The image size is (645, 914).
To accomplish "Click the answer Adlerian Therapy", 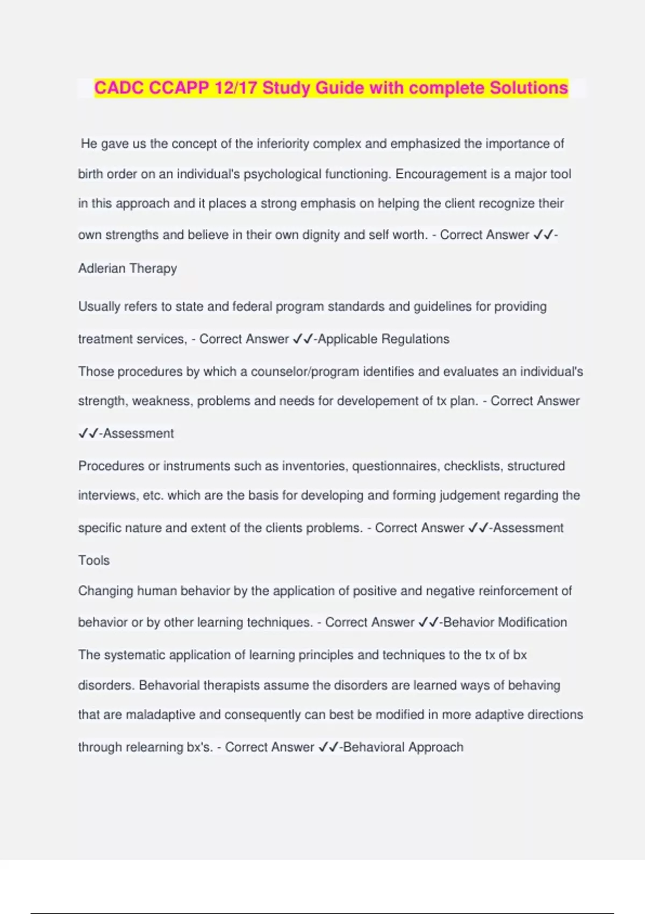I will tap(127, 268).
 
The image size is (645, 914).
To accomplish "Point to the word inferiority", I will tap(283, 144).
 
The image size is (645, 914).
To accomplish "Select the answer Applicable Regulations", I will tap(384, 339).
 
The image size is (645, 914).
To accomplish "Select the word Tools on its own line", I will tap(94, 560).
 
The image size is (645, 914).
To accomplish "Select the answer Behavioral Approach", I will tap(403, 747).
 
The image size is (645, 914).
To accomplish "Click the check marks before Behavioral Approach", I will tap(328, 747).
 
